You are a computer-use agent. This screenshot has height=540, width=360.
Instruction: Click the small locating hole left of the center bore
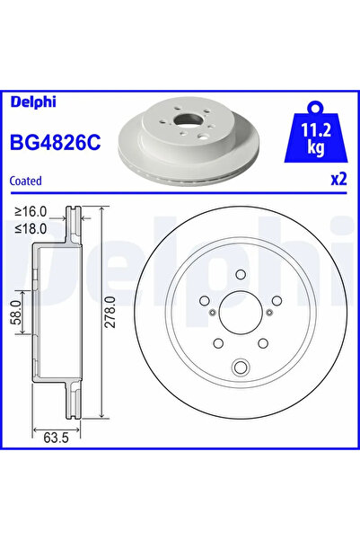(x=210, y=314)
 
